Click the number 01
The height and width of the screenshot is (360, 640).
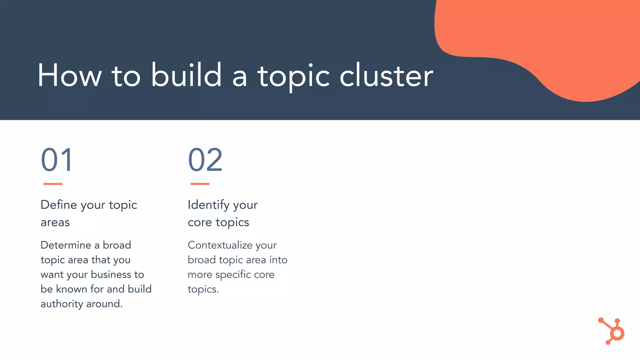point(57,160)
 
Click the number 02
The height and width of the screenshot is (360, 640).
point(205,160)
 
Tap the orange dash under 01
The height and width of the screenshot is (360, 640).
point(53,184)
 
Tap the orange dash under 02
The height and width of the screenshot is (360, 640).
point(200,184)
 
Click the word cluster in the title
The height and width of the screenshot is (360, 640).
point(386,76)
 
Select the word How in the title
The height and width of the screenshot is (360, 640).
point(70,76)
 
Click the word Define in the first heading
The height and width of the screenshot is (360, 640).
point(59,205)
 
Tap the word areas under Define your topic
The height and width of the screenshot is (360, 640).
point(55,222)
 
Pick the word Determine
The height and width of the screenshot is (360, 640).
point(66,245)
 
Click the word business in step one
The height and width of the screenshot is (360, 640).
point(111,274)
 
